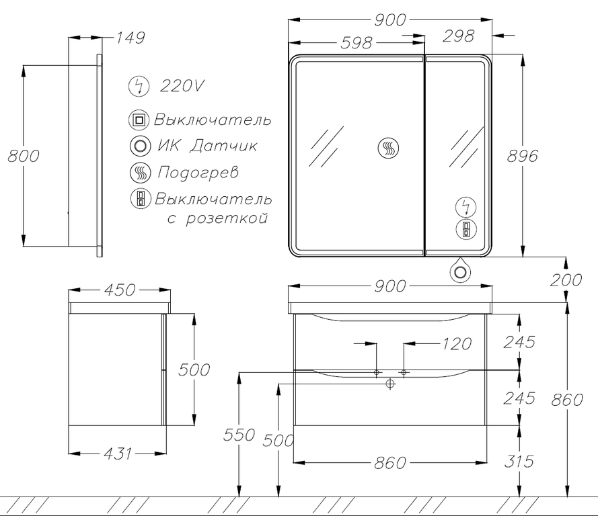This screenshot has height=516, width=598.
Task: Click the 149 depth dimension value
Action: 130,38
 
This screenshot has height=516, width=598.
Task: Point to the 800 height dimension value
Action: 24,156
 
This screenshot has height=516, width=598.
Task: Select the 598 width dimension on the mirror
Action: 356,43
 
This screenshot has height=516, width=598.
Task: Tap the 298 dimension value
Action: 458,36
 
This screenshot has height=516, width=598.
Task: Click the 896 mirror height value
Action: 522,156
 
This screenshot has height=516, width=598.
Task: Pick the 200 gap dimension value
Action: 566,280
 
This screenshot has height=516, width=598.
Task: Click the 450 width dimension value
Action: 119,290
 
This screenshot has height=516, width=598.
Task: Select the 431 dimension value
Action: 118,454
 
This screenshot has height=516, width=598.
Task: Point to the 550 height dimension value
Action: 239,435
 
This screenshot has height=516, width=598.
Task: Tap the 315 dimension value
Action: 519,461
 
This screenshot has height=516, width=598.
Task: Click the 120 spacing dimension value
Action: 457,344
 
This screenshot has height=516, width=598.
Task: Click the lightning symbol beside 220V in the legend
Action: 139,86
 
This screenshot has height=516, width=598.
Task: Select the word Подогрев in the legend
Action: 198,173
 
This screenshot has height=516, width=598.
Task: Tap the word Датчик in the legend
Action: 223,146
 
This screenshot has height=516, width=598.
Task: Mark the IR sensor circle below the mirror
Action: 460,272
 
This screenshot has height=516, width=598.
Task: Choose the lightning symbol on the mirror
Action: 466,208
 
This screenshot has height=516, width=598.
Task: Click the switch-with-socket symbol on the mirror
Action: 466,230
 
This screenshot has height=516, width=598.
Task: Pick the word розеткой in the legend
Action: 227,219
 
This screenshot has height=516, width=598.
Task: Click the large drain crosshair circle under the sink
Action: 389,384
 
